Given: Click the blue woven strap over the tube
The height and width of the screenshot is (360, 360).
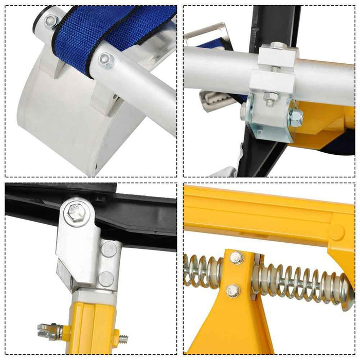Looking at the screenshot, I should pyautogui.click(x=129, y=31).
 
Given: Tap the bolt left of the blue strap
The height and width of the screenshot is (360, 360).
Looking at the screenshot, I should pyautogui.click(x=50, y=21).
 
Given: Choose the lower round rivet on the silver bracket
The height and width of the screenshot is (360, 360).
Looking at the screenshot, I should pyautogui.click(x=106, y=279).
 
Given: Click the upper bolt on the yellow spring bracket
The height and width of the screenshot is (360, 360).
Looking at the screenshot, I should pyautogui.click(x=237, y=258).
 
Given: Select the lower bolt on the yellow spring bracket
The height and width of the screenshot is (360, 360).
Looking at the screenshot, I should pyautogui.click(x=234, y=291).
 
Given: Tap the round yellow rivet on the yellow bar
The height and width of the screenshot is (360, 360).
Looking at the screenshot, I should pyautogui.click(x=336, y=232).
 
